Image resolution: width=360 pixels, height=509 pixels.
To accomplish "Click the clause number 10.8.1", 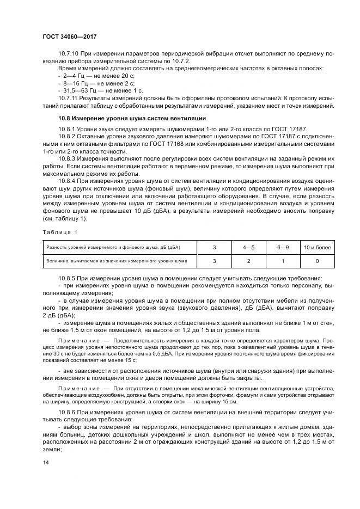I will pyautogui.click(x=67, y=128).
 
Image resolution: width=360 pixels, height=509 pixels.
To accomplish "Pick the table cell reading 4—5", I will pyautogui.click(x=248, y=248).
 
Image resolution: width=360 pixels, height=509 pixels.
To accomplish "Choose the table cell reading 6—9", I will pyautogui.click(x=282, y=248).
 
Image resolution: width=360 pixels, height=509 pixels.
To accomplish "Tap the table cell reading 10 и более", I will pyautogui.click(x=317, y=248).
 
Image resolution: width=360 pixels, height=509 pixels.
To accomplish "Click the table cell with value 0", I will pyautogui.click(x=317, y=261).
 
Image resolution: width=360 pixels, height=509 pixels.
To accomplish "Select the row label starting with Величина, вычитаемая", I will pyautogui.click(x=117, y=261).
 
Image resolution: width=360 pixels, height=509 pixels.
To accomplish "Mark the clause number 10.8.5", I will pyautogui.click(x=67, y=279).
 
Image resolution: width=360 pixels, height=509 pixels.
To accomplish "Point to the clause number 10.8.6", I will pyautogui.click(x=67, y=414).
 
